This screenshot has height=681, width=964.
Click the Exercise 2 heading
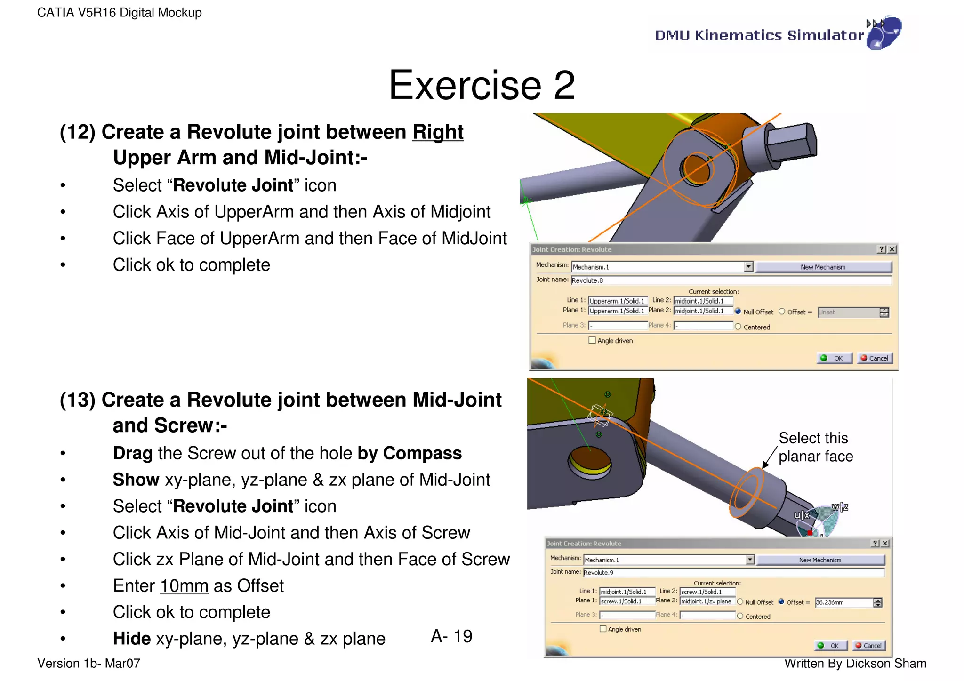[482, 85]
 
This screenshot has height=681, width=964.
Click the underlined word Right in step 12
[438, 132]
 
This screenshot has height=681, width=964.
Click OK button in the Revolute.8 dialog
[834, 358]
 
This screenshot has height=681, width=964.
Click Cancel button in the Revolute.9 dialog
[868, 646]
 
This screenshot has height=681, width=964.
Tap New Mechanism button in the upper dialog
[823, 267]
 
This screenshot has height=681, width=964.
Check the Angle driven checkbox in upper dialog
[592, 340]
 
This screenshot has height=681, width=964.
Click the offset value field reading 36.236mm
[843, 602]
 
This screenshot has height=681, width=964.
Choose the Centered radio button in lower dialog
[740, 616]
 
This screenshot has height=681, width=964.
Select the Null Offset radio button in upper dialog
[738, 312]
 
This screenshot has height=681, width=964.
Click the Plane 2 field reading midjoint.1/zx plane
[707, 601]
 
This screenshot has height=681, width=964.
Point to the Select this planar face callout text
[815, 447]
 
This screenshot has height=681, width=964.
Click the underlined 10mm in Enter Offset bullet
[184, 586]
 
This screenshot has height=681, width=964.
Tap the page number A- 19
[451, 636]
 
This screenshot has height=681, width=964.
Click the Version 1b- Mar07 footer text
[88, 664]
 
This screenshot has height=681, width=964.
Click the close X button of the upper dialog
[892, 249]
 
